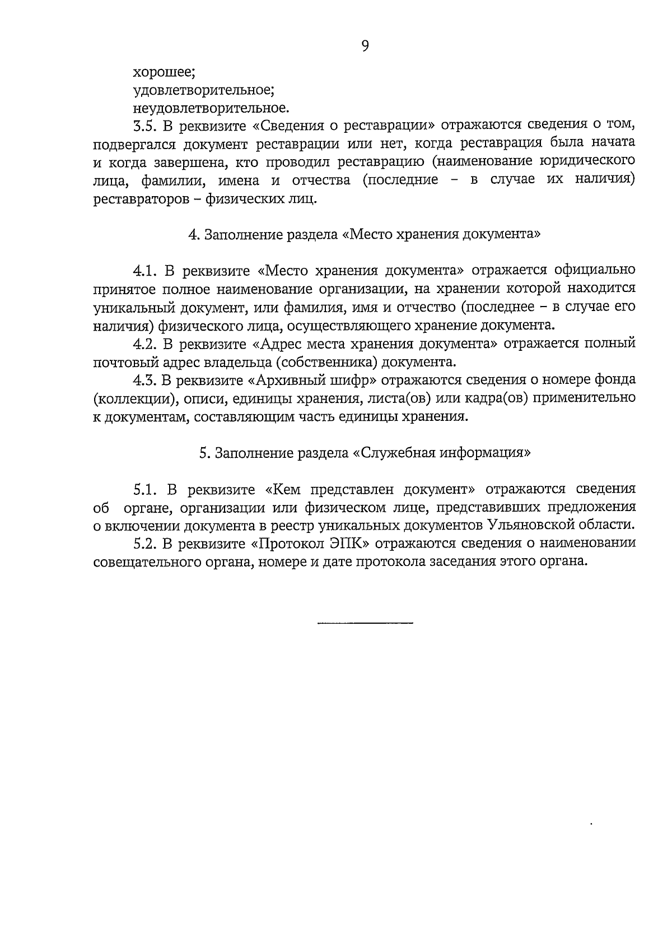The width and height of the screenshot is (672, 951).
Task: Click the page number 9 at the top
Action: [365, 47]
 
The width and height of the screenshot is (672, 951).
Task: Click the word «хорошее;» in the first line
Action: [164, 72]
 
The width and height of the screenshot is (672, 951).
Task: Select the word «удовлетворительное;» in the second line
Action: [203, 90]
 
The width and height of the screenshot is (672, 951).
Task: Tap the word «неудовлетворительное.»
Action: [211, 107]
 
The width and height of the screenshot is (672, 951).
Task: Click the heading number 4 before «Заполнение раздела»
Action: [193, 234]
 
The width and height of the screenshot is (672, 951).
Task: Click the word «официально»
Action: [594, 271]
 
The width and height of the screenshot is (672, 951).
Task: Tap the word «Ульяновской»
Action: [530, 526]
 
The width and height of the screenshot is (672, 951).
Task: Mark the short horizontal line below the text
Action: [365, 623]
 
